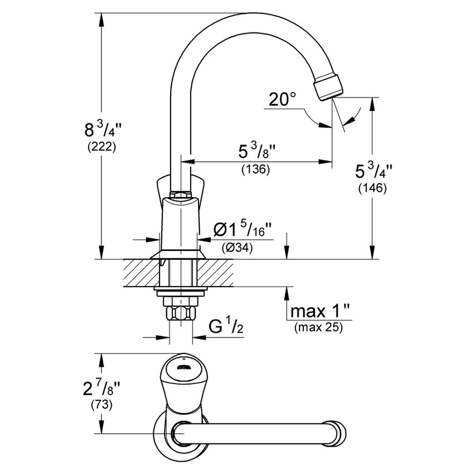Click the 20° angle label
[282, 100]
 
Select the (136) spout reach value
[255, 170]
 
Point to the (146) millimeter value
[372, 188]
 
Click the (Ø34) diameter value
[237, 248]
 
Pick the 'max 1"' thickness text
[318, 311]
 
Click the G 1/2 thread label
[225, 326]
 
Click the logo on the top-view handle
[182, 367]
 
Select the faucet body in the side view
[180, 223]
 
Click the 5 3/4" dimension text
[373, 170]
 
